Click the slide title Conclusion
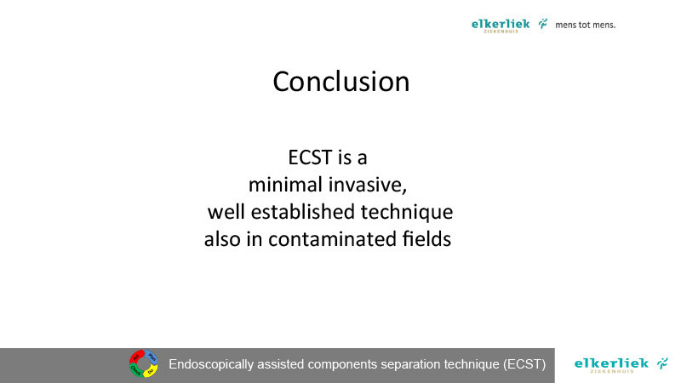click(341, 81)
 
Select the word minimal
click(285, 185)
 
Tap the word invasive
click(368, 185)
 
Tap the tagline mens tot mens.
click(585, 25)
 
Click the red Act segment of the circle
click(136, 357)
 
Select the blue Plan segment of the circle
click(151, 357)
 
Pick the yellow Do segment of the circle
click(151, 371)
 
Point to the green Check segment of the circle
click(136, 371)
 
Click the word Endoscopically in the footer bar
click(211, 364)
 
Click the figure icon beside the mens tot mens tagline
click(543, 24)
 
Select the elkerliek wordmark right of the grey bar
click(611, 364)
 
